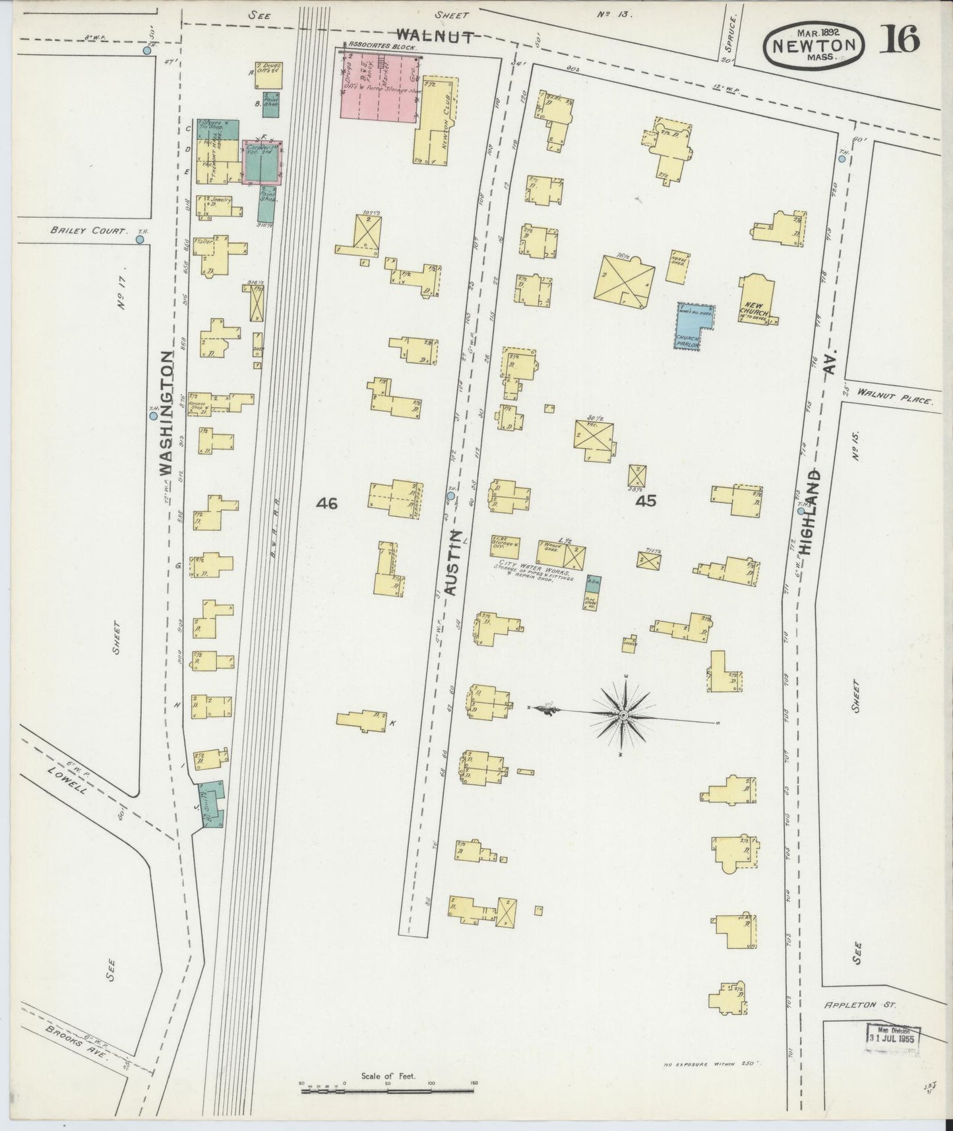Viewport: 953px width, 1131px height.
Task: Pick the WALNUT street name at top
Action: pos(435,37)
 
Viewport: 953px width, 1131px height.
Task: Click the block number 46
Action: pos(326,503)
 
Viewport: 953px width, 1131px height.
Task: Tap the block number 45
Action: pos(645,501)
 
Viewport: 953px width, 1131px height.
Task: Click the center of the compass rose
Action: pos(623,715)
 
